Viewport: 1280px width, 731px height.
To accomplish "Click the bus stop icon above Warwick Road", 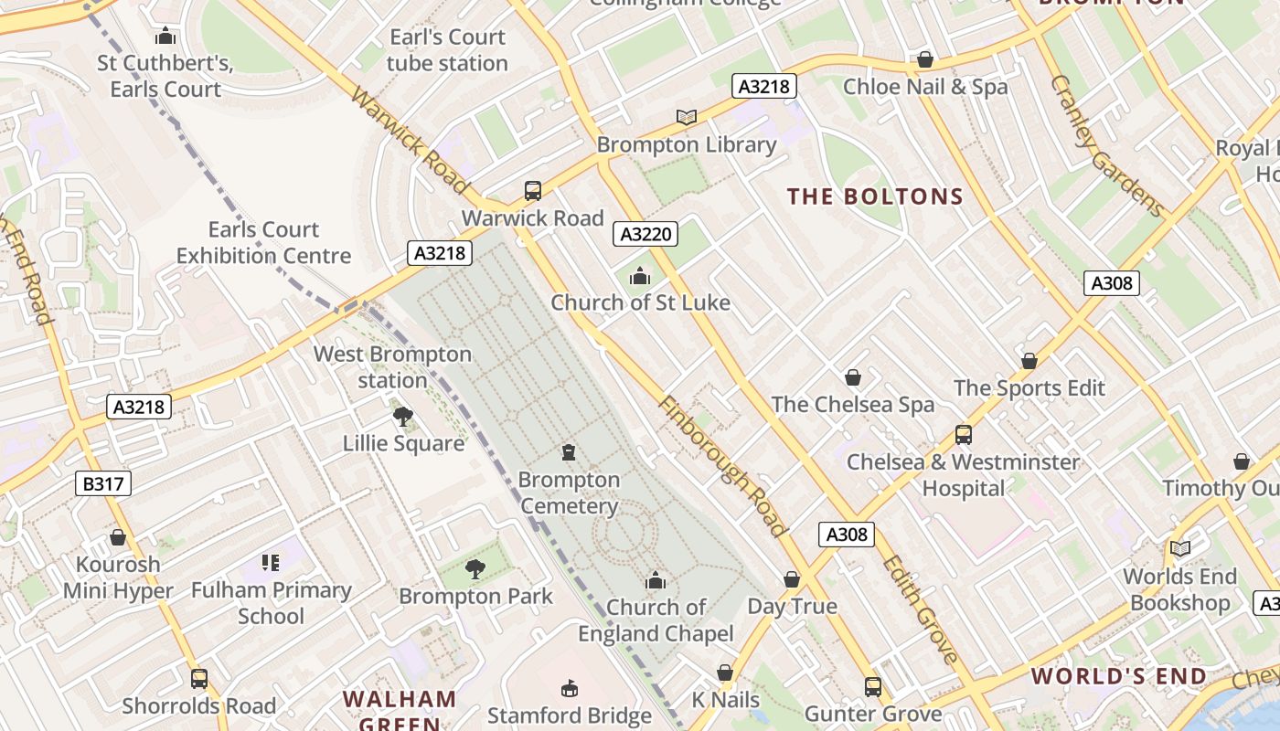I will [x=533, y=191].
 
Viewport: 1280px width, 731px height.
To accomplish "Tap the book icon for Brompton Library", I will [x=687, y=117].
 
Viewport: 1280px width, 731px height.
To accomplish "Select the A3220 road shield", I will [x=646, y=234].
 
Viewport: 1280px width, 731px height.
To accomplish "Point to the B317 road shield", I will [x=102, y=483].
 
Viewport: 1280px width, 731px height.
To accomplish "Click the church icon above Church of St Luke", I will [x=640, y=275].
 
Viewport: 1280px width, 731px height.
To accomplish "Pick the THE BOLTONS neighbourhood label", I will [x=875, y=196].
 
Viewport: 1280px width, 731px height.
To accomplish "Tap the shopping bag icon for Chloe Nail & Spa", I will [x=925, y=60].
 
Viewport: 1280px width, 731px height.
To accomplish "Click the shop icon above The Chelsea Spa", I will [x=853, y=377].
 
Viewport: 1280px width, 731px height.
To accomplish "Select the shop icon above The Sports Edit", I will [x=1029, y=361].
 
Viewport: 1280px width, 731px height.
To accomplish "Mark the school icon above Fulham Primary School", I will [x=270, y=562].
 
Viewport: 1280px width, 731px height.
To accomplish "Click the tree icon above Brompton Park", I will [x=475, y=569].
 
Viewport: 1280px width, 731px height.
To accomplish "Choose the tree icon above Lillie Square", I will [x=402, y=417].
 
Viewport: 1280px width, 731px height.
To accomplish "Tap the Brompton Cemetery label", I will [x=569, y=493].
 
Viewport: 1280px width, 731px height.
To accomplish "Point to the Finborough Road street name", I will [x=721, y=466].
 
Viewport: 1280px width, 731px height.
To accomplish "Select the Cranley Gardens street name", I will [x=1106, y=146].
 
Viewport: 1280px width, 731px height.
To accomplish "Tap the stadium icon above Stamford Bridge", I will [x=570, y=687].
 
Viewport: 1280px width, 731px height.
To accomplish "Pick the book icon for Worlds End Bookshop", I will [x=1180, y=548].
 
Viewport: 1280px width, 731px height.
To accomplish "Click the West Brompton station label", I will [x=393, y=366].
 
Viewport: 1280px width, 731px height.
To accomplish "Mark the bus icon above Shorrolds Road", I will [x=199, y=679].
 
